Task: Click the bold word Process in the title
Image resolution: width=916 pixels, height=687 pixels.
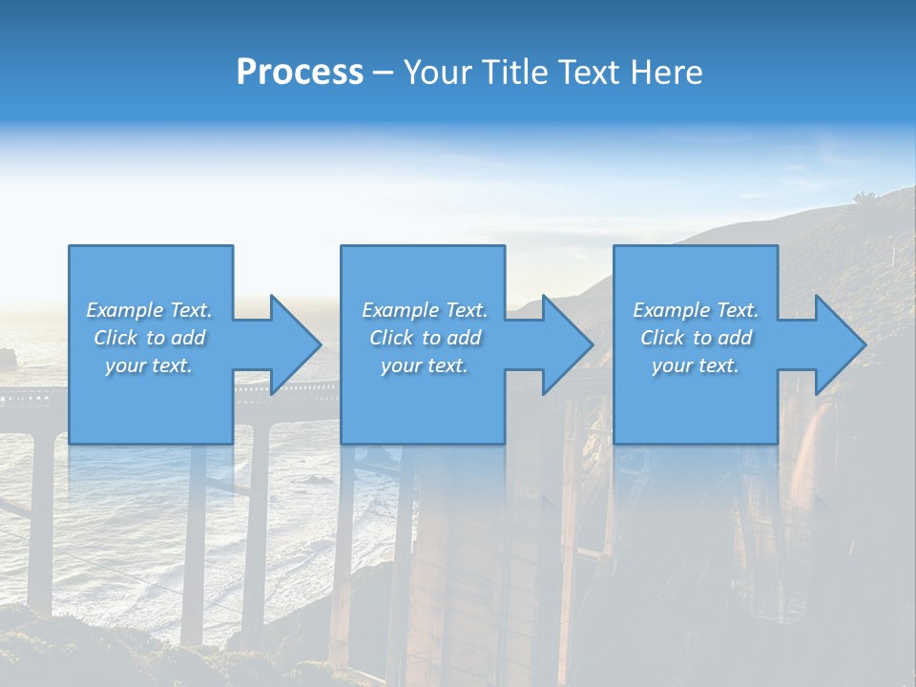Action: coord(300,73)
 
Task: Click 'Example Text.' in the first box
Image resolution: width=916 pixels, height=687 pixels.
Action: coord(149,310)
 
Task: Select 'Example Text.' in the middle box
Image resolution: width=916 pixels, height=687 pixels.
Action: coord(425,310)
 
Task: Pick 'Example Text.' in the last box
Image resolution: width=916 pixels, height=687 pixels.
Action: coord(696,310)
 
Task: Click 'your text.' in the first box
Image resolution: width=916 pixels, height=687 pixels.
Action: coord(149,365)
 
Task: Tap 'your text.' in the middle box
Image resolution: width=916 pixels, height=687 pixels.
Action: coord(425,365)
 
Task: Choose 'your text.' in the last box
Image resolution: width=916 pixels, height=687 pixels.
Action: coord(696,365)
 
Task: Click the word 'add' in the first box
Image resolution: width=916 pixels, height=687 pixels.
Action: coord(187,338)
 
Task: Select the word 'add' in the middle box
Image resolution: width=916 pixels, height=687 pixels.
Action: coord(463,338)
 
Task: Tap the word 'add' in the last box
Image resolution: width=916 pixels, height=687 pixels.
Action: coord(734,338)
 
